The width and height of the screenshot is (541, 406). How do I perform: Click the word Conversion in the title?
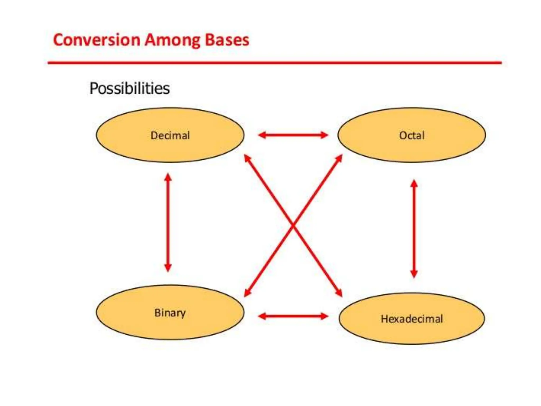[x=96, y=40]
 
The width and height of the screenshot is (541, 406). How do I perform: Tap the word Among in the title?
[x=174, y=40]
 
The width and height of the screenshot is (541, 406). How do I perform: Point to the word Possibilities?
[x=129, y=88]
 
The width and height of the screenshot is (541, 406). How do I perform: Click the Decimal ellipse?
[x=170, y=135]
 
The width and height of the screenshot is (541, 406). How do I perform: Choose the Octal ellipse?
[x=412, y=135]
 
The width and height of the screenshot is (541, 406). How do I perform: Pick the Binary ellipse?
[x=170, y=312]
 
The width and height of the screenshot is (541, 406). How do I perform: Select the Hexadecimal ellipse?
[x=412, y=319]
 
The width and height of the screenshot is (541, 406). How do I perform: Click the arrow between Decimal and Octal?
[x=293, y=135]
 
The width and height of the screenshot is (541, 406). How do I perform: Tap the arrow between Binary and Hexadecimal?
[x=293, y=316]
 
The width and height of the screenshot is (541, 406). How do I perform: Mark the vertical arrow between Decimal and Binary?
[x=168, y=222]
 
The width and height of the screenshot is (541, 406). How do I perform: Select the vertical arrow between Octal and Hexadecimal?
[x=414, y=229]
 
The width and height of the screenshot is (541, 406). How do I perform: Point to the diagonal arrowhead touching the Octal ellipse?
[x=339, y=158]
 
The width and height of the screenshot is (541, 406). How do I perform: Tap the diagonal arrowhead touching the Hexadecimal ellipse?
[x=339, y=293]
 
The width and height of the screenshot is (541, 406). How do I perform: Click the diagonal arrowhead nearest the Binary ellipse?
[x=247, y=293]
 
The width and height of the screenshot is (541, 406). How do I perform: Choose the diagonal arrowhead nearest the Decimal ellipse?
[x=247, y=158]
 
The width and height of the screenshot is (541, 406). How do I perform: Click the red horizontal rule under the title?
[x=275, y=63]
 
